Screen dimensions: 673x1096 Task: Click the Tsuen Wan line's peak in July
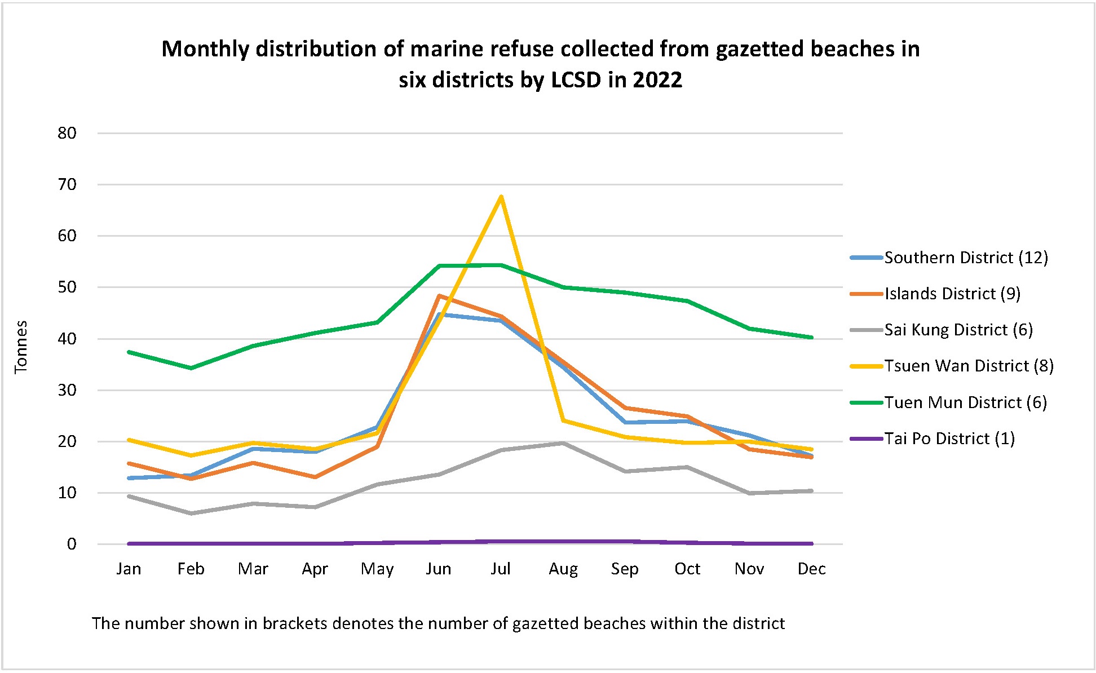point(501,196)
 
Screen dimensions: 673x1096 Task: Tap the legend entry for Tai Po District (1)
point(949,439)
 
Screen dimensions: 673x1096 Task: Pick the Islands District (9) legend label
point(952,294)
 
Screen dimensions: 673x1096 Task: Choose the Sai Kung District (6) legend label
point(958,330)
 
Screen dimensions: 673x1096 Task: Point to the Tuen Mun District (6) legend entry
point(965,402)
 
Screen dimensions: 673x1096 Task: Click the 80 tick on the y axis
point(67,133)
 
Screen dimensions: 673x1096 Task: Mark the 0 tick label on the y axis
point(72,544)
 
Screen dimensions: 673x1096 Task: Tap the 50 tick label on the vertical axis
point(67,287)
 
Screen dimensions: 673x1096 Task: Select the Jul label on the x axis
point(501,569)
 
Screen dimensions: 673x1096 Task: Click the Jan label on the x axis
point(129,569)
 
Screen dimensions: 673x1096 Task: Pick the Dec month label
point(811,569)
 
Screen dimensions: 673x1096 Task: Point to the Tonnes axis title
point(21,347)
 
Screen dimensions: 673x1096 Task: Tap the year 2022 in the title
point(657,80)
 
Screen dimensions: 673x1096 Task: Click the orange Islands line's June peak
point(439,295)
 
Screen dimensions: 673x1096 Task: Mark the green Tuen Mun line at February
point(191,368)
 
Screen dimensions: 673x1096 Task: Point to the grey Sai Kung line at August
point(563,443)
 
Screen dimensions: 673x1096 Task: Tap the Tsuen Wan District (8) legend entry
point(968,366)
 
